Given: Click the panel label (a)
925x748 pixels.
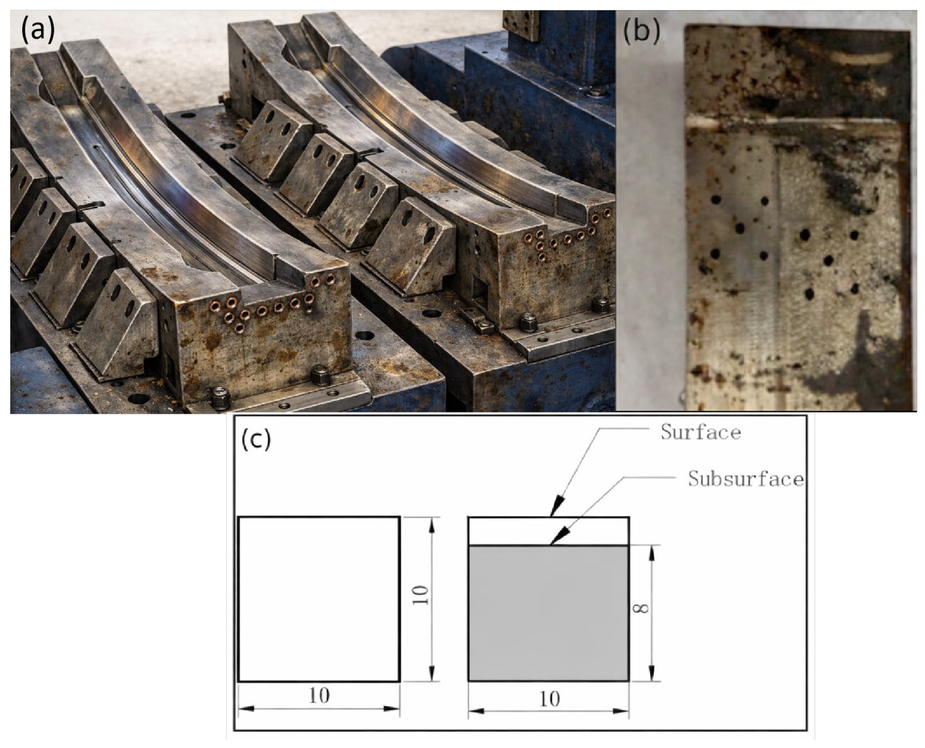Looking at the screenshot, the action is pyautogui.click(x=38, y=30).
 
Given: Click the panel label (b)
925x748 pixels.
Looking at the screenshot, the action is pyautogui.click(x=641, y=30).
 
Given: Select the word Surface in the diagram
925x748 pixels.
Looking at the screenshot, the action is pyautogui.click(x=700, y=432).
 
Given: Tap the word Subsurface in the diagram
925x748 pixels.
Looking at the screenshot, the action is pyautogui.click(x=746, y=479).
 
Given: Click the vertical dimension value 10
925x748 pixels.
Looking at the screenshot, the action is pyautogui.click(x=421, y=595).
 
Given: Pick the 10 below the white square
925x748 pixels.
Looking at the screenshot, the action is pyautogui.click(x=319, y=695).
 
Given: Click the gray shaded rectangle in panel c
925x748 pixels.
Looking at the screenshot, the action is pyautogui.click(x=549, y=613).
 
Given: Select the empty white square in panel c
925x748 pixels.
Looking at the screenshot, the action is pyautogui.click(x=319, y=599).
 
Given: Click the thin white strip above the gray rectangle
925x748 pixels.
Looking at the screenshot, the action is pyautogui.click(x=549, y=531).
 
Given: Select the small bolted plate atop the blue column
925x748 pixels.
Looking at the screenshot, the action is pyautogui.click(x=521, y=25).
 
